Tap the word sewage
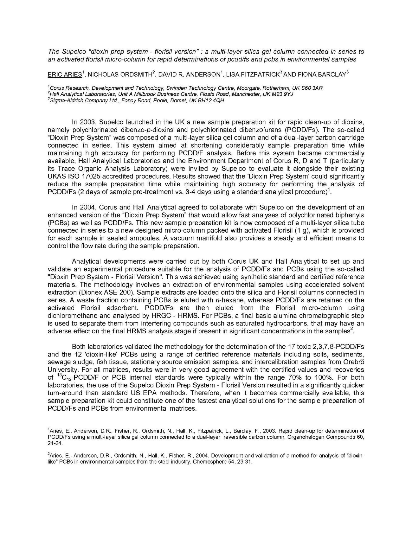57,362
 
